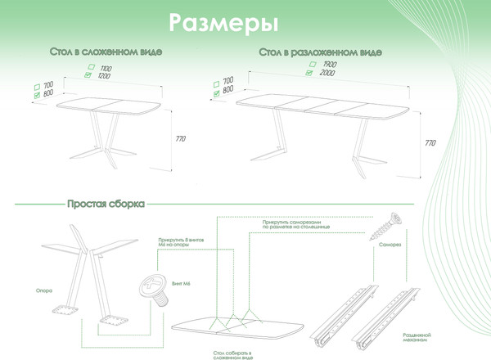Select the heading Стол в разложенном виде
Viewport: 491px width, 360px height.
[319, 52]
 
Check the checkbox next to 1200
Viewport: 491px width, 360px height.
[88, 75]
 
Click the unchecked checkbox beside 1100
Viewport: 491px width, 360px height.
[92, 67]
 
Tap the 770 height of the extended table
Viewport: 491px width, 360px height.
[430, 142]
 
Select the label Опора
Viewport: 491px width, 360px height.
[44, 288]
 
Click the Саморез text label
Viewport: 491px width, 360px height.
[388, 244]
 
